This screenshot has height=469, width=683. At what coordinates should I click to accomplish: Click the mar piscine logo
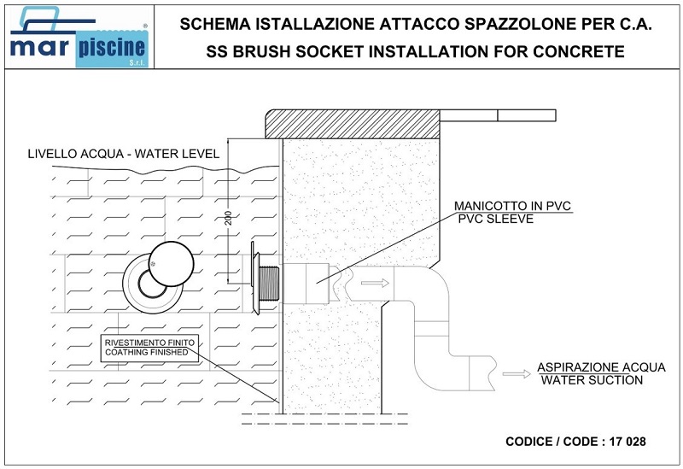coord(79,37)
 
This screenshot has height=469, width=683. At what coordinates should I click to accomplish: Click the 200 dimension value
coord(228,218)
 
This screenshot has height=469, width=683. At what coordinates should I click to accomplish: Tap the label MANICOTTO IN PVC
coord(512,206)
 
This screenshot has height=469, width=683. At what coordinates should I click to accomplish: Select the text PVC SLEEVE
coord(496,219)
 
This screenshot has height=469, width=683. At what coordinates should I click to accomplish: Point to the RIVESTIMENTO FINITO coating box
coord(149,349)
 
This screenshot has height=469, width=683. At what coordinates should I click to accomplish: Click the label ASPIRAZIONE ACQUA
coord(601,367)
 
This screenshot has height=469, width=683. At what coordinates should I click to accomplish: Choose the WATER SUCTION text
coord(592,380)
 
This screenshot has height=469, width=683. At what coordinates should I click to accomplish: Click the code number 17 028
coord(628,442)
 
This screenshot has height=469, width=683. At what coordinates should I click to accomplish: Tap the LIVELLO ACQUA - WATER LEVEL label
coord(123,154)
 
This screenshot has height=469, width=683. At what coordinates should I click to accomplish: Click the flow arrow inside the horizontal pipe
coord(375,284)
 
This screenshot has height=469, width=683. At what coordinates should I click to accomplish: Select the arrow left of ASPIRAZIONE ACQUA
coord(517,374)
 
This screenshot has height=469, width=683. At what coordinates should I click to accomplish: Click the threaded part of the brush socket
coord(268,284)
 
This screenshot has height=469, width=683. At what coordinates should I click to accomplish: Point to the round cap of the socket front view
coord(171,264)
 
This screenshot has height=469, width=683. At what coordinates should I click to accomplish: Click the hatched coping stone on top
coord(353,124)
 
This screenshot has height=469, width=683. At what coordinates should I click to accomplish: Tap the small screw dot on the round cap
coord(153,263)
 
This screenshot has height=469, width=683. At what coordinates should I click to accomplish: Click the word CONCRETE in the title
coord(579,51)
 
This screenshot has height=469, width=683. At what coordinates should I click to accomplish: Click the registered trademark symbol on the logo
coord(145,26)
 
